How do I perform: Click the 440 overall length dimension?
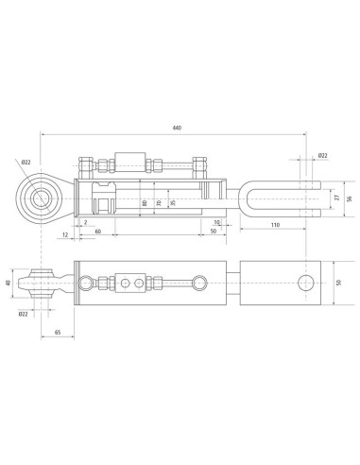click(x=177, y=128)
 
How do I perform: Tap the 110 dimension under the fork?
click(x=275, y=225)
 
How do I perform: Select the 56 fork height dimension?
click(x=349, y=198)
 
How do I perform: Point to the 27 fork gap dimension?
click(x=337, y=198)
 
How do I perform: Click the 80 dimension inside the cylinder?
click(x=145, y=203)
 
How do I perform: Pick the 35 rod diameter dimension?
click(x=172, y=203)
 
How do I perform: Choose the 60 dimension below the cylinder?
click(x=98, y=232)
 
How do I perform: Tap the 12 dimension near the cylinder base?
click(x=65, y=234)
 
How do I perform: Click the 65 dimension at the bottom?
click(x=58, y=332)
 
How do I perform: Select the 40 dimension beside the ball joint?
click(x=9, y=283)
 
